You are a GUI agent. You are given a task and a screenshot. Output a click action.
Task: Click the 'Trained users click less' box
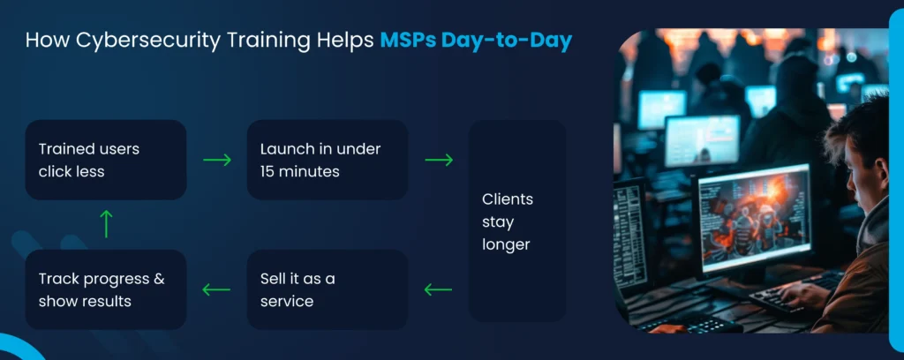point(106,160)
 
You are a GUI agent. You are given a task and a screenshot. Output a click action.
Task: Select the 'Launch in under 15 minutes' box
point(328,160)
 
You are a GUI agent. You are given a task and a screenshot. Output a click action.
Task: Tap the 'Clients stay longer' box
point(517,221)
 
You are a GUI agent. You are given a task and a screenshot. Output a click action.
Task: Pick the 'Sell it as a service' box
point(328,289)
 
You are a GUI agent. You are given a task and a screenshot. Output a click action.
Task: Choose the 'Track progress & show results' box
point(106,289)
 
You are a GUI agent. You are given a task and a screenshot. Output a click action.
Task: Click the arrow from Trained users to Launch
point(217,160)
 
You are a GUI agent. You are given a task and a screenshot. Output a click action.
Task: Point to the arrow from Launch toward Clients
point(439,160)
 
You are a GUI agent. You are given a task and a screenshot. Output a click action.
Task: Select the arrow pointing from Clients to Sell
point(438,289)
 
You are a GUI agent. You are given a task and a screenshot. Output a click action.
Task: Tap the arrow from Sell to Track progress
point(216,289)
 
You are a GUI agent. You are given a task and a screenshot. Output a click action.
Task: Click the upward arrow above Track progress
point(106,224)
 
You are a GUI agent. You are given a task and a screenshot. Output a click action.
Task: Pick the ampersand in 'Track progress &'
point(159,280)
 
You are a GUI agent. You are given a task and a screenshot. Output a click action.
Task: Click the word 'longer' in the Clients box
point(506,245)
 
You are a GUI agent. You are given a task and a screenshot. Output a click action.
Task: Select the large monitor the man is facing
point(753,218)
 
